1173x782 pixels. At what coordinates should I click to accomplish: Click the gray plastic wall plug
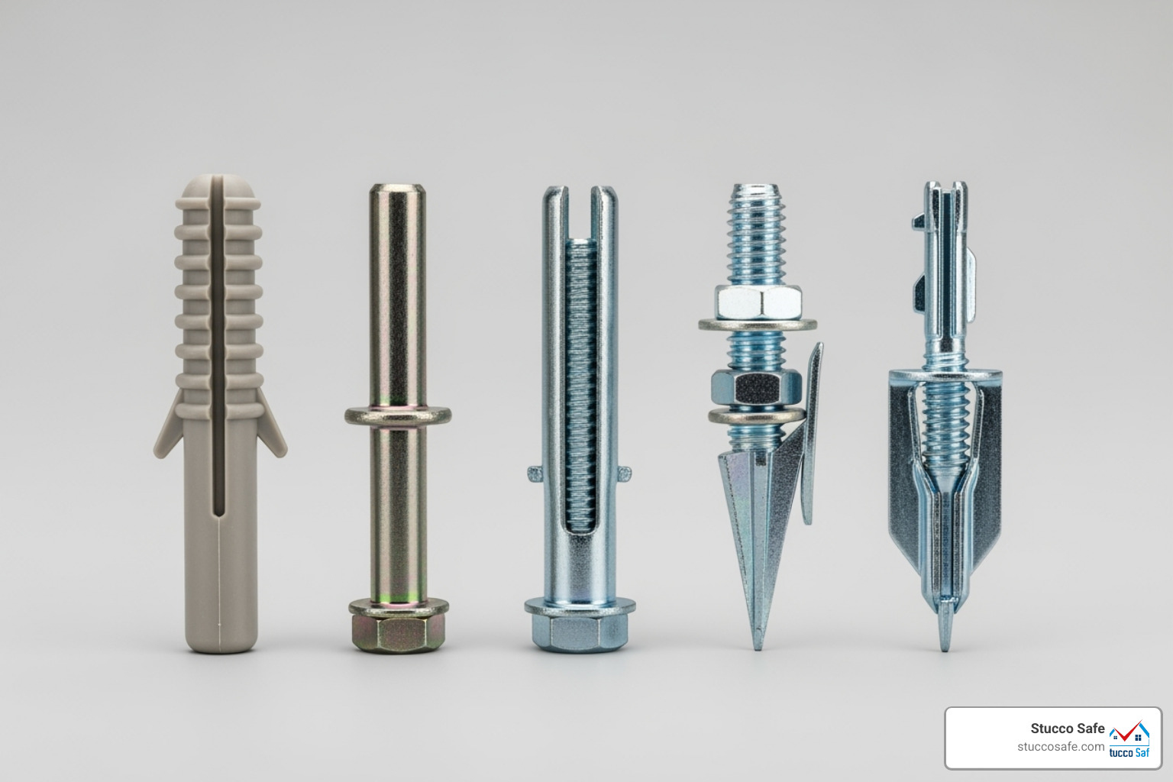coord(220,414)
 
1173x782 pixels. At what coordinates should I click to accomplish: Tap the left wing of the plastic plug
coord(169,427)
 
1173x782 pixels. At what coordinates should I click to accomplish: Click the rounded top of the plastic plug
coord(217,186)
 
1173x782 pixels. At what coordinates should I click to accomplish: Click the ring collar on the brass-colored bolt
coord(398,416)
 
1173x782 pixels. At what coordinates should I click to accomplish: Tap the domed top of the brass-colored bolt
coord(397,189)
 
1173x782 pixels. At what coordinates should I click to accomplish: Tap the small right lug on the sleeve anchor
coord(625,474)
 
